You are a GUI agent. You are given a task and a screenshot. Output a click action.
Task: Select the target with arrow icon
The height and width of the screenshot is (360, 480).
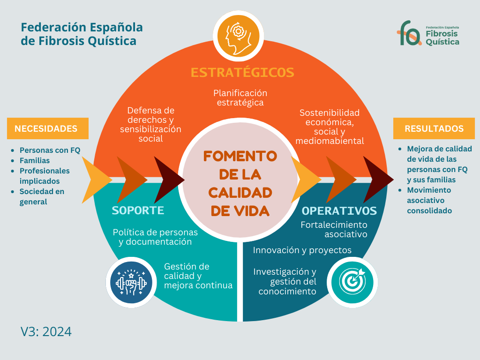point(352,281)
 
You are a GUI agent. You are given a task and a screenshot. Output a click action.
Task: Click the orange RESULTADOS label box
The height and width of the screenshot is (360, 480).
point(434,128)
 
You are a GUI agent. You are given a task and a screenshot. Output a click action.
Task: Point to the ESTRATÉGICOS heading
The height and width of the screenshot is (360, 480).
point(242,72)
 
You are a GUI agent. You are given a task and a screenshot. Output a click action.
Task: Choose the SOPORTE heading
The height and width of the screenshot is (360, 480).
point(138,210)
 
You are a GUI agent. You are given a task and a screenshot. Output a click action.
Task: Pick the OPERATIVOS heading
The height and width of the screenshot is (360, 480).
point(339,210)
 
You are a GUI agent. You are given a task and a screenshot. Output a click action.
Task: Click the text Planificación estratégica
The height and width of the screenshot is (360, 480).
point(240,97)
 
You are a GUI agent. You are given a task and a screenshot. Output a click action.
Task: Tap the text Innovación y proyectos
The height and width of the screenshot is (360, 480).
point(302,250)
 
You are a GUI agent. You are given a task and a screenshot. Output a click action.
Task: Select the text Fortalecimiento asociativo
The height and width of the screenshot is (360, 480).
point(334,229)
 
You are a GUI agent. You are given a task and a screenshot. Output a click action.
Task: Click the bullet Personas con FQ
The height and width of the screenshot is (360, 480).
point(50,150)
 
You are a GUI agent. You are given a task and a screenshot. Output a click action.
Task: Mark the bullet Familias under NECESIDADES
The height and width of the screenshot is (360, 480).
point(35,161)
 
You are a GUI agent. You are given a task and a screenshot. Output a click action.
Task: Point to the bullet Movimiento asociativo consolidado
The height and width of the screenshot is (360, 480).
point(429,200)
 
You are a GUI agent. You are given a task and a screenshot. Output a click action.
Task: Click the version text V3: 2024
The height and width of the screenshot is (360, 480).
point(46,331)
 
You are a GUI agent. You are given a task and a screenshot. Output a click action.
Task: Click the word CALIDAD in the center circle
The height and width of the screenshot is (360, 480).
point(240,193)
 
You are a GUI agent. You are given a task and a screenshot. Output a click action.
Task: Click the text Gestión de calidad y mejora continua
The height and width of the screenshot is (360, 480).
point(198,276)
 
